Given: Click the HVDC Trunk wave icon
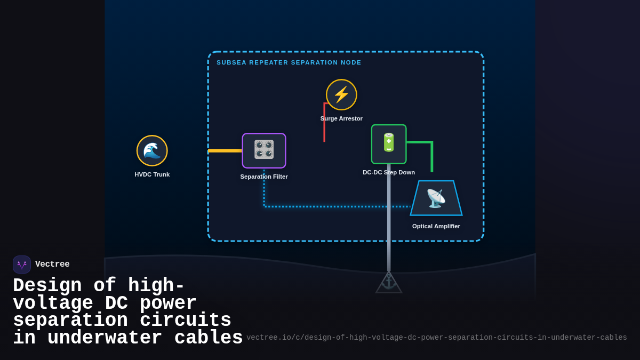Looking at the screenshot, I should pyautogui.click(x=152, y=150).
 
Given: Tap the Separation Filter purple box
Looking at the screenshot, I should pyautogui.click(x=264, y=150).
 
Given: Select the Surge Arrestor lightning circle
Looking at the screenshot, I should pyautogui.click(x=341, y=94).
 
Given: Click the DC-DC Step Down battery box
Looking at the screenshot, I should pyautogui.click(x=389, y=144).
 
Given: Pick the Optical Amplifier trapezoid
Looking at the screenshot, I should pyautogui.click(x=436, y=198).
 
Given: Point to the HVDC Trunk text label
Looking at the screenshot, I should pyautogui.click(x=152, y=174).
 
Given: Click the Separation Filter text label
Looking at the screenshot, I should pyautogui.click(x=264, y=177).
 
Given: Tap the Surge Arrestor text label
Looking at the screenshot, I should pyautogui.click(x=341, y=118).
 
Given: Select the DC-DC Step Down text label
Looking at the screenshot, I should pyautogui.click(x=389, y=172).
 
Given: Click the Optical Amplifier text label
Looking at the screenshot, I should pyautogui.click(x=436, y=226).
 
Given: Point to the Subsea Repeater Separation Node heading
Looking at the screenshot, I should pyautogui.click(x=289, y=62).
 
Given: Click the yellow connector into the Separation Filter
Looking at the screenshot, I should pyautogui.click(x=225, y=150).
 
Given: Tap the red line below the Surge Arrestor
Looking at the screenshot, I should pyautogui.click(x=324, y=125).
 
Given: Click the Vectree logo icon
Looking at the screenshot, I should pyautogui.click(x=22, y=265).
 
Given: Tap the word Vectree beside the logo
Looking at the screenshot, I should pyautogui.click(x=52, y=265).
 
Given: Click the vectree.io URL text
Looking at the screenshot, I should pyautogui.click(x=436, y=338).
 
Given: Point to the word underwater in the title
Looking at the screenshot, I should pyautogui.click(x=105, y=338).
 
